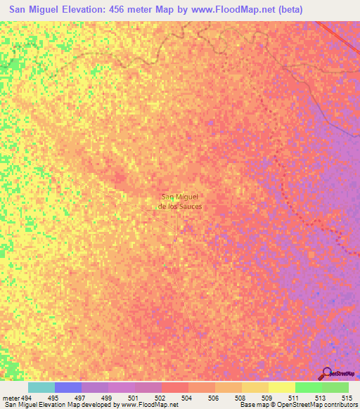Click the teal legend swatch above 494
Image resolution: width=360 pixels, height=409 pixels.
(41, 387)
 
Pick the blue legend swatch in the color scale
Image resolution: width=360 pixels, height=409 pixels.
(68, 387)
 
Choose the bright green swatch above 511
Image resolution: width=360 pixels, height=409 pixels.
(309, 387)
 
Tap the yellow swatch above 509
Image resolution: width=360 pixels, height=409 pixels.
(282, 387)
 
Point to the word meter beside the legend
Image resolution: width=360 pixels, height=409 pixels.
(11, 397)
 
